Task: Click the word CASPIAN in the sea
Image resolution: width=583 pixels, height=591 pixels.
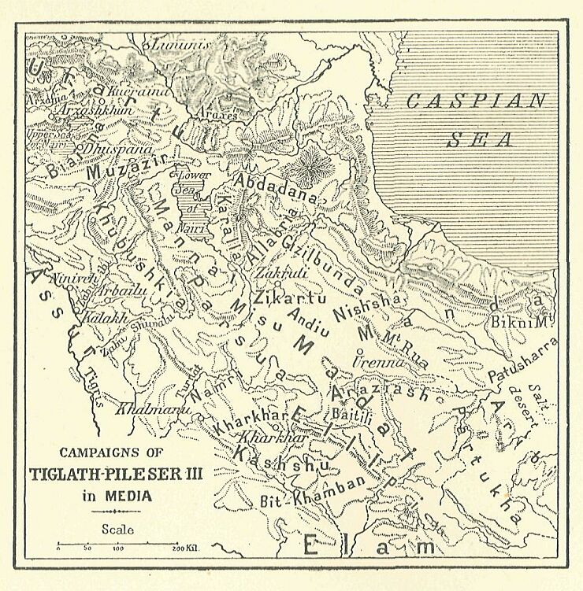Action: [x=475, y=102]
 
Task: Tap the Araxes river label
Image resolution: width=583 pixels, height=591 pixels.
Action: [x=217, y=115]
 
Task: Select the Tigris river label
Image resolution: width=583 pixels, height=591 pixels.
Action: [x=93, y=386]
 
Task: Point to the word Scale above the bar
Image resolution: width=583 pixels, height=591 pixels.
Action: [x=117, y=530]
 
